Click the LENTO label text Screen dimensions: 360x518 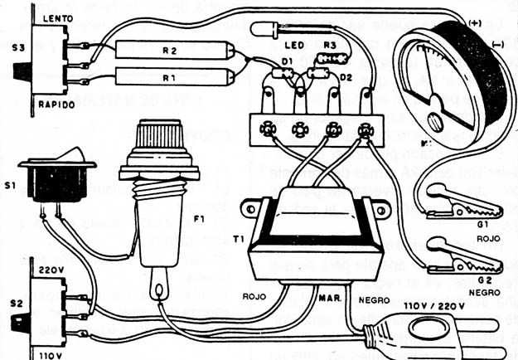coord(51,14)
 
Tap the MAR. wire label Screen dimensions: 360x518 coord(329,295)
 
